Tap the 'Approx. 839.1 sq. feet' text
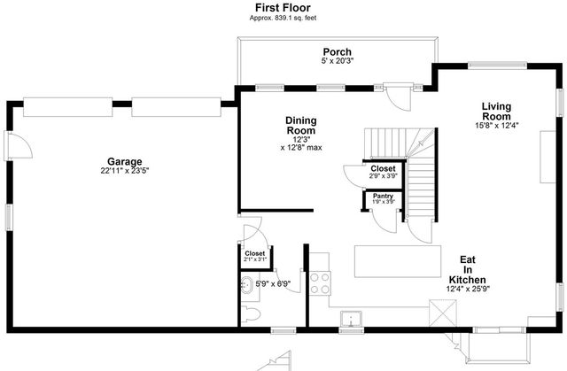pos(283,17)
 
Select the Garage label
pos(125,162)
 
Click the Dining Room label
pos(300,126)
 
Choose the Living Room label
pos(496,112)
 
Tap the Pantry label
pos(383,196)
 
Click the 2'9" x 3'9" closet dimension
pos(383,176)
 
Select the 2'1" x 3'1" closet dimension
pos(254,261)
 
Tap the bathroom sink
pos(246,286)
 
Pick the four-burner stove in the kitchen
pos(319,283)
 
